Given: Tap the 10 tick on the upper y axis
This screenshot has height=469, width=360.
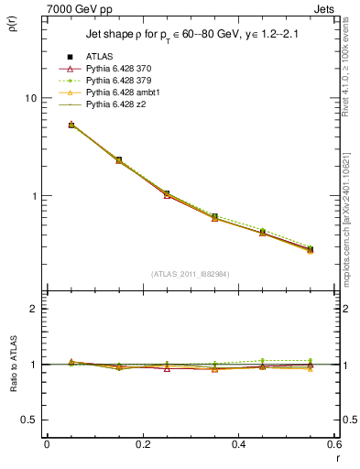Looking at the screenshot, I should pos(29,98).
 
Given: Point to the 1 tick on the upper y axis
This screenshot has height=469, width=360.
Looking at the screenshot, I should pos(33,196).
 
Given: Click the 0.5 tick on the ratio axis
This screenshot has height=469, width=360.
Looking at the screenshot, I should pos(28,420).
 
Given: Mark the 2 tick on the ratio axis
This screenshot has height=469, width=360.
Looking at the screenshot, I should pos(33,309).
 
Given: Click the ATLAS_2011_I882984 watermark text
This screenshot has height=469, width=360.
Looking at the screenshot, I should pos(191,274).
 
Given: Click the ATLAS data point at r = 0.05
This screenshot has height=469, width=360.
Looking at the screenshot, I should pos(71,125).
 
